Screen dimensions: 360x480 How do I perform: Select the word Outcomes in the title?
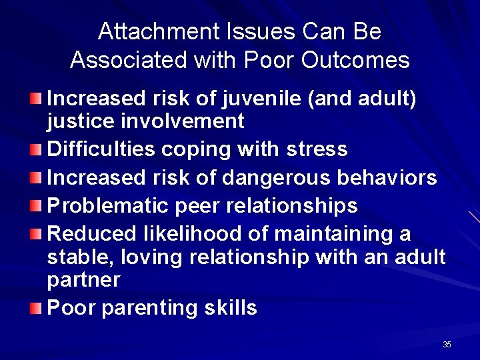[x=355, y=61]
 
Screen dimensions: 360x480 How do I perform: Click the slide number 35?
[x=446, y=345]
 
